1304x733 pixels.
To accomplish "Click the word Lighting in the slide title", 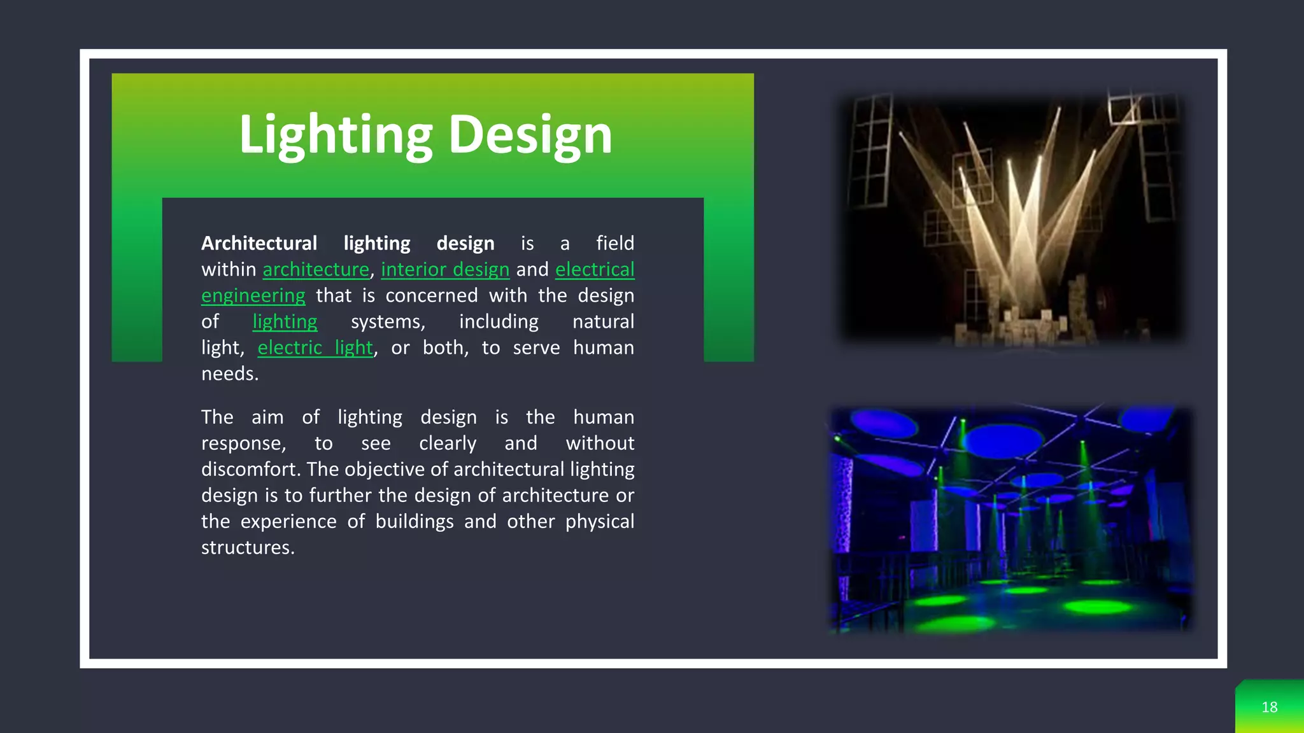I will pyautogui.click(x=336, y=135).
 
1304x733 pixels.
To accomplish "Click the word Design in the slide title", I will pyautogui.click(x=530, y=135).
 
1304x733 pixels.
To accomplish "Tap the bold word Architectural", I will pyautogui.click(x=259, y=243).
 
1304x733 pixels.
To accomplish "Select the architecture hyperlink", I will pyautogui.click(x=316, y=269).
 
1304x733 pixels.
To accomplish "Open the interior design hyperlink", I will pyautogui.click(x=445, y=269).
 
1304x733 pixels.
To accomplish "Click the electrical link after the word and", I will pyautogui.click(x=595, y=269).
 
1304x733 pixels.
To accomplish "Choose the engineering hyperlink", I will pyautogui.click(x=253, y=295).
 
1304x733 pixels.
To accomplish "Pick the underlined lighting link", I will pyautogui.click(x=285, y=321).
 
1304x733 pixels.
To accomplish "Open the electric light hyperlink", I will pyautogui.click(x=315, y=347).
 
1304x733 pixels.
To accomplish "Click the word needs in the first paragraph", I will pyautogui.click(x=229, y=373).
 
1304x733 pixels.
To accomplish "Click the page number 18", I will pyautogui.click(x=1269, y=707).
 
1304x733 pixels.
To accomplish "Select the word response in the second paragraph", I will pyautogui.click(x=243, y=443).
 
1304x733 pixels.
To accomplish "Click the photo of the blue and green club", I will pyautogui.click(x=1010, y=519).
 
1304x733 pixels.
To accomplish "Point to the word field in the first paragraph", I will pyautogui.click(x=614, y=243).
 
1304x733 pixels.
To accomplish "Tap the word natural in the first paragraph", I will pyautogui.click(x=603, y=321).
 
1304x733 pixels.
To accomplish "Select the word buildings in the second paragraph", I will pyautogui.click(x=414, y=521).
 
